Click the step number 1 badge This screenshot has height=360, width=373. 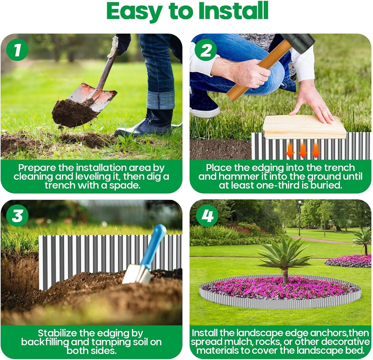coord(17,50)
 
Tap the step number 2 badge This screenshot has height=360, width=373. coord(206,50)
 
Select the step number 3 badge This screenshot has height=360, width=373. coord(17,215)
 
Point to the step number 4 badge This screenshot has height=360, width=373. coord(207,215)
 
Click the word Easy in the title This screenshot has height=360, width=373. coord(134,11)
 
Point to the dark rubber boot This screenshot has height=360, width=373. coord(150,124)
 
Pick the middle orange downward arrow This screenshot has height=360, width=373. coord(303,150)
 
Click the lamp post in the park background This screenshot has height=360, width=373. coord(300,217)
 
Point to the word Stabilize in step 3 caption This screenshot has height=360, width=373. coord(57,333)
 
